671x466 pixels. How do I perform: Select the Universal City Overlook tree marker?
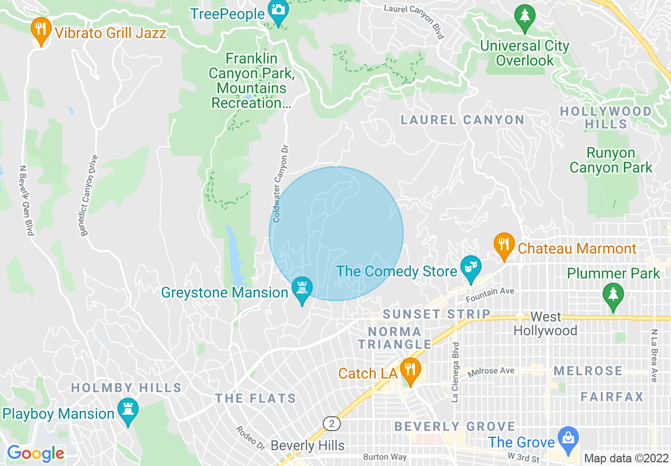(524, 16)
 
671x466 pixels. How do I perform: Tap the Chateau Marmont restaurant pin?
(504, 245)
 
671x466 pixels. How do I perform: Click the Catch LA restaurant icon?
(409, 370)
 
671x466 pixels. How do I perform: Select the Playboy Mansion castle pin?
(128, 410)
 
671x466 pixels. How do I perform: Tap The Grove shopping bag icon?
(568, 439)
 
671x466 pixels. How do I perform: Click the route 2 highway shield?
(332, 424)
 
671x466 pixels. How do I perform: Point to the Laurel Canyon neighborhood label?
(462, 120)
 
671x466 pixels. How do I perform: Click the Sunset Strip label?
(437, 314)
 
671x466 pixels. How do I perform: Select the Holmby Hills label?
(126, 388)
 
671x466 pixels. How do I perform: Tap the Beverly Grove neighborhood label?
(455, 426)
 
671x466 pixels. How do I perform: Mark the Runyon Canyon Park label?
(611, 160)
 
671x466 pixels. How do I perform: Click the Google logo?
(35, 454)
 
